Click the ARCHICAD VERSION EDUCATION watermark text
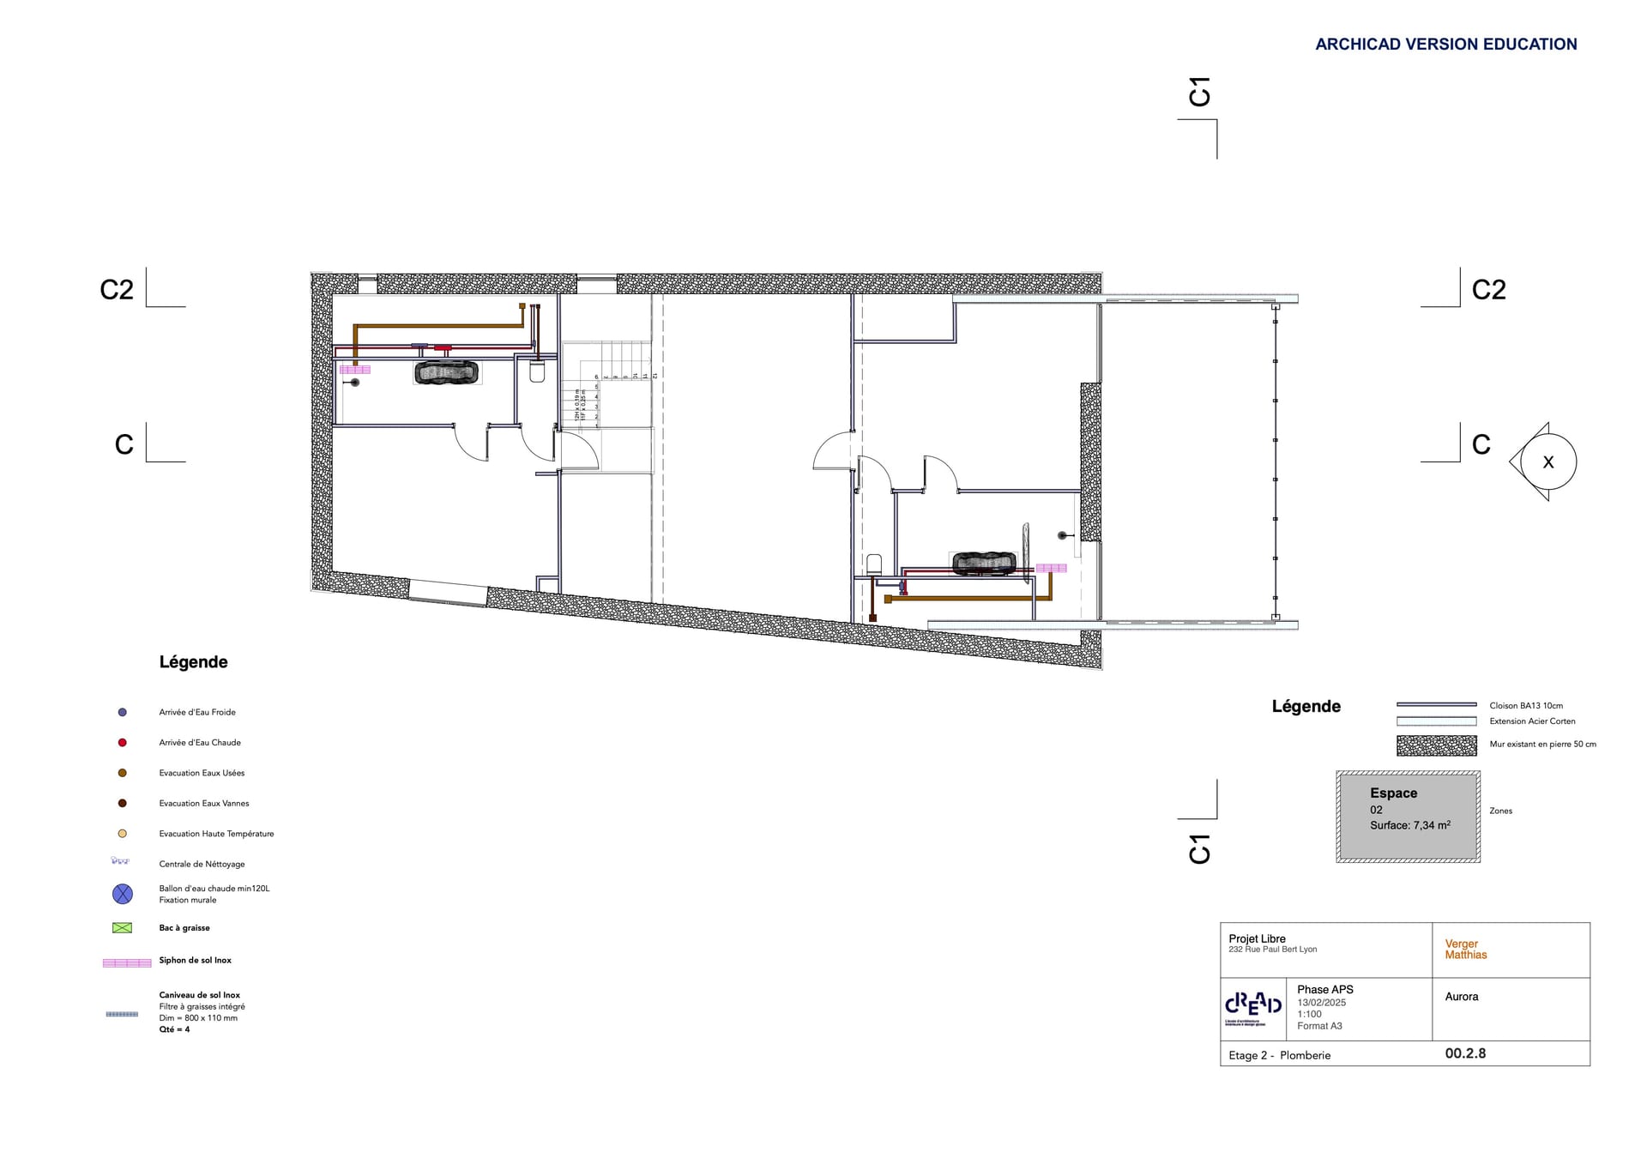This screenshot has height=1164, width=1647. click(x=1445, y=45)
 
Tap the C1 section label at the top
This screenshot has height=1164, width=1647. click(x=1199, y=92)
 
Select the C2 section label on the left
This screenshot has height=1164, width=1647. click(x=117, y=290)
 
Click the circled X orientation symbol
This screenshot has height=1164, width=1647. click(x=1547, y=462)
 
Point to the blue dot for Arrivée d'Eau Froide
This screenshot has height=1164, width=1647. click(x=123, y=712)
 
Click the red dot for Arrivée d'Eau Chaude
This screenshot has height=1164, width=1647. click(x=123, y=743)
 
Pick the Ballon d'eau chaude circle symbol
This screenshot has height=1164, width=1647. click(x=123, y=894)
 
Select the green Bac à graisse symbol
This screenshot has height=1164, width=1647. click(x=123, y=928)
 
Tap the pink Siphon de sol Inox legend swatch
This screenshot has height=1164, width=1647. click(x=127, y=962)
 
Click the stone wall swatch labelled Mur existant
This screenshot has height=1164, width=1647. click(x=1436, y=745)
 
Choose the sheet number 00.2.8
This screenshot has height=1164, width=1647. click(x=1465, y=1053)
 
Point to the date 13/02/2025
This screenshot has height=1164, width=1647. click(x=1321, y=1003)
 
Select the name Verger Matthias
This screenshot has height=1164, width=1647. click(x=1465, y=949)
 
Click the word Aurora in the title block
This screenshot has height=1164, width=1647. click(x=1462, y=997)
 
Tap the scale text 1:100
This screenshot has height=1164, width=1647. click(x=1309, y=1014)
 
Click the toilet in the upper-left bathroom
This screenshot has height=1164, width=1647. click(x=537, y=372)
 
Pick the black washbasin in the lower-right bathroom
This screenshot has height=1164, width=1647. click(x=984, y=563)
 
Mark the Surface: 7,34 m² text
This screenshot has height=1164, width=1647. click(x=1409, y=825)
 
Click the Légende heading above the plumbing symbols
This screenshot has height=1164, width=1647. click(x=194, y=662)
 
